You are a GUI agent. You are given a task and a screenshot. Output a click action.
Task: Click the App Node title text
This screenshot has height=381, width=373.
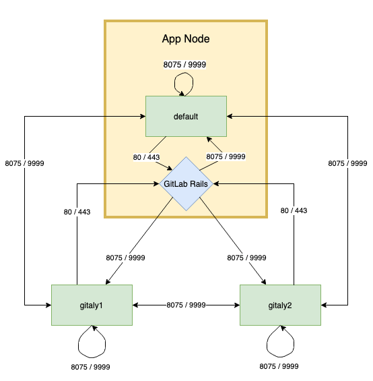[186, 39]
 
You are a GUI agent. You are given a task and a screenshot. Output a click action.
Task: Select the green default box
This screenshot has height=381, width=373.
[186, 116]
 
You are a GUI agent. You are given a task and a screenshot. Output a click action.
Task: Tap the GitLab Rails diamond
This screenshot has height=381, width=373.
[186, 183]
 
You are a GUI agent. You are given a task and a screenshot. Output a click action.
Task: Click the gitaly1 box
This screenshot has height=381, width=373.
[92, 305]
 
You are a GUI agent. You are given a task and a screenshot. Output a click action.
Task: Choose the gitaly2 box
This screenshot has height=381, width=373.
[280, 305]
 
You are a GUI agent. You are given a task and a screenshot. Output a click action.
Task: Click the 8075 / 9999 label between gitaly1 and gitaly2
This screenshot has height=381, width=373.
[186, 305]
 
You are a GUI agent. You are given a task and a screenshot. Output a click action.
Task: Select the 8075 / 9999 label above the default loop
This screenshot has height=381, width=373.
[184, 65]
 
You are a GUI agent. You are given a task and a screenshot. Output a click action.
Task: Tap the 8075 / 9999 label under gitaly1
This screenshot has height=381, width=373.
[90, 367]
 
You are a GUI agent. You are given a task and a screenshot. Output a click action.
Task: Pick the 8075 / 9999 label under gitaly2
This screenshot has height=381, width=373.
[279, 367]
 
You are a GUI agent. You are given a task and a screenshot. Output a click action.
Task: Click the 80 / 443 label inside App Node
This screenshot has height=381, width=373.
[147, 157]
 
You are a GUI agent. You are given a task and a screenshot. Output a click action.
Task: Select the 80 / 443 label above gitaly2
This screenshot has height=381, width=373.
[293, 210]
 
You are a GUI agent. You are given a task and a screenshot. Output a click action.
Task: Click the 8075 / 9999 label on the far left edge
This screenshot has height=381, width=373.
[25, 163]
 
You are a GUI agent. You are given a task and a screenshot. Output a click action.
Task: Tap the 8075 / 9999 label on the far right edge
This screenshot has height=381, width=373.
[347, 163]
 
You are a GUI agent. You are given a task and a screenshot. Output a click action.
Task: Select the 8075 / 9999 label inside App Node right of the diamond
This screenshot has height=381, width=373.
[226, 156]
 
